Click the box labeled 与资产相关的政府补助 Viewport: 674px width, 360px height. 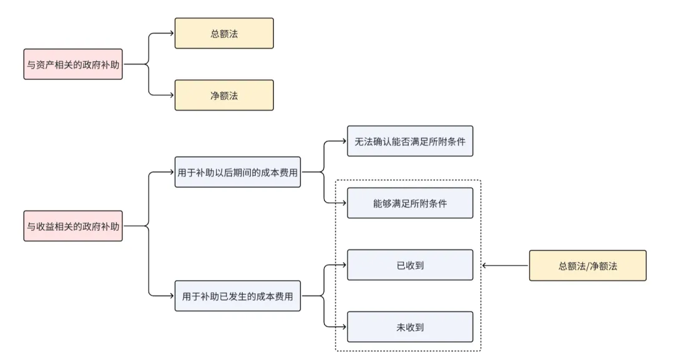(x=73, y=64)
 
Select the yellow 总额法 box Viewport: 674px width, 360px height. (x=224, y=34)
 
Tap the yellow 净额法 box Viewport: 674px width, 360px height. (x=224, y=95)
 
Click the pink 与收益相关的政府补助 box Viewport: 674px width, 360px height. (x=73, y=226)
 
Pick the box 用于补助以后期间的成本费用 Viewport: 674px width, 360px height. (x=238, y=172)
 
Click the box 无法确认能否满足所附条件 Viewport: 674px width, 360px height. (x=410, y=141)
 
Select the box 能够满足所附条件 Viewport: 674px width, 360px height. (x=410, y=203)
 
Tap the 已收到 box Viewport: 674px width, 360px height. (x=410, y=265)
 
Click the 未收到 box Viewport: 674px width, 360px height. (x=410, y=326)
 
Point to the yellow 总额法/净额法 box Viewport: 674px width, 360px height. (x=587, y=266)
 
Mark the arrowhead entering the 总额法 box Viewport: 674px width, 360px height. (x=172, y=34)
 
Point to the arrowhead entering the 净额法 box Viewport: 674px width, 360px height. (x=172, y=95)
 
